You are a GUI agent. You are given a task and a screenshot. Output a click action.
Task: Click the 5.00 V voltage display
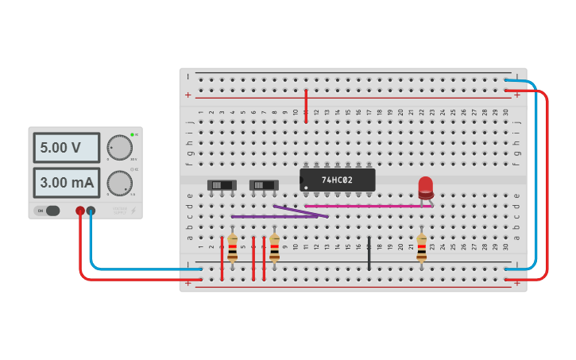pos(66,148)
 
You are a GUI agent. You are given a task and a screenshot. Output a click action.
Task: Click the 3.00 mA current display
pos(66,183)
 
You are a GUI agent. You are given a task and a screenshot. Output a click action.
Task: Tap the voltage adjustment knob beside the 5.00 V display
pos(119,147)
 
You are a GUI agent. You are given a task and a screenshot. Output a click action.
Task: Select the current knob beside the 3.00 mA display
pos(119,183)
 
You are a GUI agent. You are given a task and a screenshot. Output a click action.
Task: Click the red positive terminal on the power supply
pos(80,211)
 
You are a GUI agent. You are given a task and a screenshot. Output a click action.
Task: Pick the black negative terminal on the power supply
pos(91,211)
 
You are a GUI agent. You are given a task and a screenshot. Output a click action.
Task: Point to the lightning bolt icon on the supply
pos(133,211)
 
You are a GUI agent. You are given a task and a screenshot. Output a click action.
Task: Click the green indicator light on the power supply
pos(132,135)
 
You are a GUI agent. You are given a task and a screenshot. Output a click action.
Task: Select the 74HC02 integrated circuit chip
pos(337,180)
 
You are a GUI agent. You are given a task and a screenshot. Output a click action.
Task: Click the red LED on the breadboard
pos(426,187)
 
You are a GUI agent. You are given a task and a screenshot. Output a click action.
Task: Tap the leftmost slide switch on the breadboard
pos(222,185)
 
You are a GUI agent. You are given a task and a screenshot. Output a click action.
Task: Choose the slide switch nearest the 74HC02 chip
pos(264,185)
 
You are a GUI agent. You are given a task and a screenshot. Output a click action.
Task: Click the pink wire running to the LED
pos(373,206)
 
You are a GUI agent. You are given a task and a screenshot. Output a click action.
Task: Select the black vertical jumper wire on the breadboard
pos(369,253)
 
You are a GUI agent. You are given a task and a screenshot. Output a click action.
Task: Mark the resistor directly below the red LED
pos(421,246)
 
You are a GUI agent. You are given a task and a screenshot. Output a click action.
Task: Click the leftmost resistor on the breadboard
pos(232,247)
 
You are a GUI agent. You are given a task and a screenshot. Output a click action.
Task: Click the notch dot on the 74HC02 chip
pos(304,188)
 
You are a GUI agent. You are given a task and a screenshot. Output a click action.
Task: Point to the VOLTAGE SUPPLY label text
pos(119,211)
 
